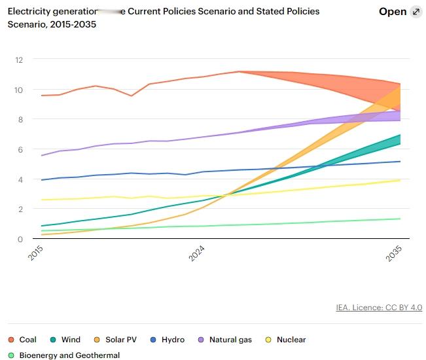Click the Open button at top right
[x=393, y=12]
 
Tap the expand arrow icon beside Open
[x=416, y=12]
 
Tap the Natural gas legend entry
[x=226, y=340]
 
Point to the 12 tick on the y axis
[x=19, y=60]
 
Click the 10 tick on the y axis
[x=19, y=90]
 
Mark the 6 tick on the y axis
[x=20, y=149]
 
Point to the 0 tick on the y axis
[x=20, y=239]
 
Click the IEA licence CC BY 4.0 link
[x=379, y=308]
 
